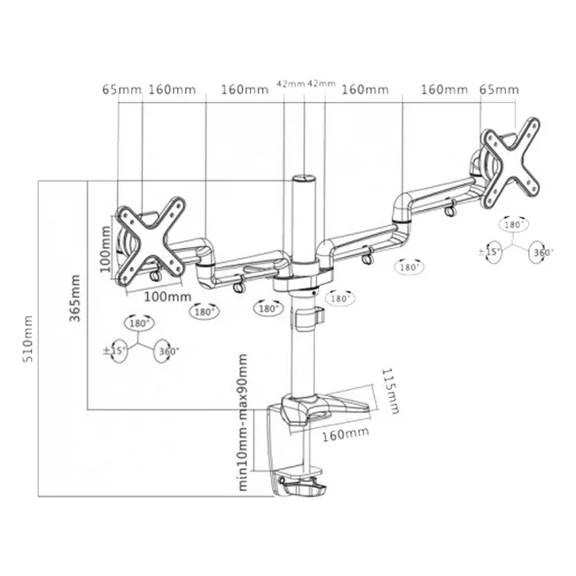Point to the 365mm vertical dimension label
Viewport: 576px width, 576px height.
[x=74, y=300]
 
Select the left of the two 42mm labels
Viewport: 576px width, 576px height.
[x=289, y=84]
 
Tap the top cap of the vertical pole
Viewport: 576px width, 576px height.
[x=303, y=181]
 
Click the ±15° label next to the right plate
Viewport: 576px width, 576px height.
[x=489, y=253]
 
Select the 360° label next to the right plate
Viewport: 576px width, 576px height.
[x=542, y=253]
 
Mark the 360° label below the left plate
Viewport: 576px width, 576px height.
[x=167, y=352]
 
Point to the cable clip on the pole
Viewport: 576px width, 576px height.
[x=308, y=317]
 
